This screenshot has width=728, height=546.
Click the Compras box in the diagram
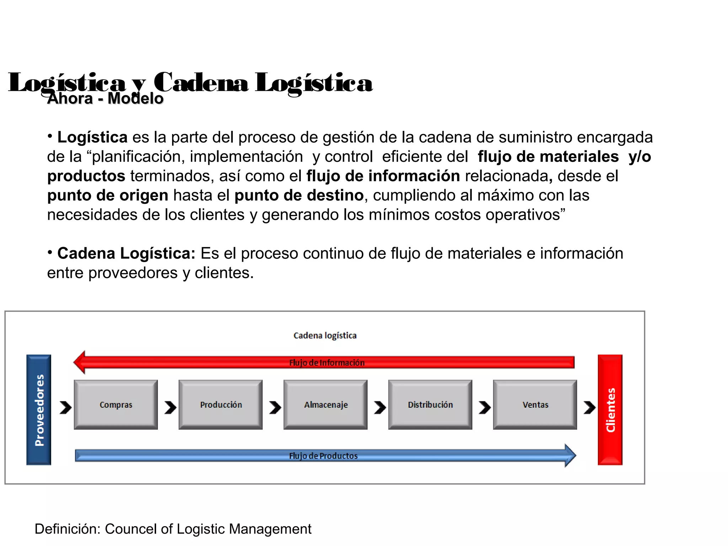coord(116,405)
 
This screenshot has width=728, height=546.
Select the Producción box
coord(220,405)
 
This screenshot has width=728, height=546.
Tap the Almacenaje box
coord(325,405)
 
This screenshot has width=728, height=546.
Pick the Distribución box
coord(430,405)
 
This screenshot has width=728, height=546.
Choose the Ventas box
coord(535,405)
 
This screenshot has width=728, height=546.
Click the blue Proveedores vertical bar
coord(39,409)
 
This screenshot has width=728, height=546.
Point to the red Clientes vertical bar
coord(610,409)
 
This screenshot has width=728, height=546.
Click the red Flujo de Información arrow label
coord(327,363)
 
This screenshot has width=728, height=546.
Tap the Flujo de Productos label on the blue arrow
coord(323,456)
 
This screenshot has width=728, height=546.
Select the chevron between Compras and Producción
coord(170,407)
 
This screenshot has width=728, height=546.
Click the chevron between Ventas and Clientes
coord(589,407)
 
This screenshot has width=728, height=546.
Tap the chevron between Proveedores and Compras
coord(65,407)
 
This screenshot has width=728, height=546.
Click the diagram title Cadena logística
coord(325,336)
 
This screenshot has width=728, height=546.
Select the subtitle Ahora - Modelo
coord(105,98)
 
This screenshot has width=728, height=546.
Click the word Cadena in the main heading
coord(201,82)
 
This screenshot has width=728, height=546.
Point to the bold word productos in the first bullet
coord(86,176)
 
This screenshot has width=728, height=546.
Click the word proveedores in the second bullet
coord(133,273)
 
